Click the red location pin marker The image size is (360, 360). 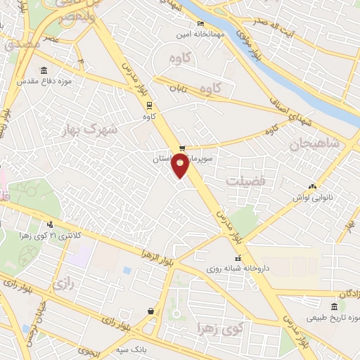[x=181, y=166]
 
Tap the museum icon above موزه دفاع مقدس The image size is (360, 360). [x=45, y=70]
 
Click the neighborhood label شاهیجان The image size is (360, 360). [x=314, y=145]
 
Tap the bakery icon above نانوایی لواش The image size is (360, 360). [x=311, y=187]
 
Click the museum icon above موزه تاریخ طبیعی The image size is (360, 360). [x=334, y=307]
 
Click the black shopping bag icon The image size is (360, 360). [x=150, y=310]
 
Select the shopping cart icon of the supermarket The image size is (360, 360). [x=183, y=148]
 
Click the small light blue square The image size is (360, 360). [x=127, y=270]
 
